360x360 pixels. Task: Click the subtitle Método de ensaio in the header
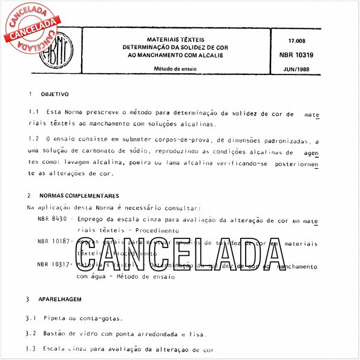click(176, 69)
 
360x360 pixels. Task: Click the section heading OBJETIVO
click(54, 94)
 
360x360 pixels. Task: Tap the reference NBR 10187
click(53, 242)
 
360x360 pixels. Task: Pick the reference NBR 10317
click(53, 264)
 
